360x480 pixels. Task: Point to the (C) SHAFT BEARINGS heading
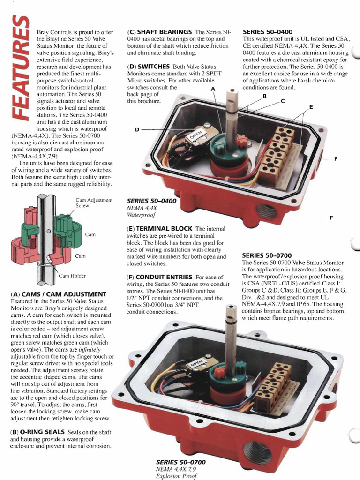point(159,31)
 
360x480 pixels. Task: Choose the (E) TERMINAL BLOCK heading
point(159,228)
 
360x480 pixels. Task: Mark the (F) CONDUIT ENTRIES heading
point(160,277)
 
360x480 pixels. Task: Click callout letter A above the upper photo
point(213,89)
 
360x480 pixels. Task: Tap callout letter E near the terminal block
point(310,107)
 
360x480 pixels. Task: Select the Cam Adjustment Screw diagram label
point(94,203)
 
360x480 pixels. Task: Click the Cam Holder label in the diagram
point(72,276)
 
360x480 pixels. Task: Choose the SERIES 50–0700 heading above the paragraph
point(264,255)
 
